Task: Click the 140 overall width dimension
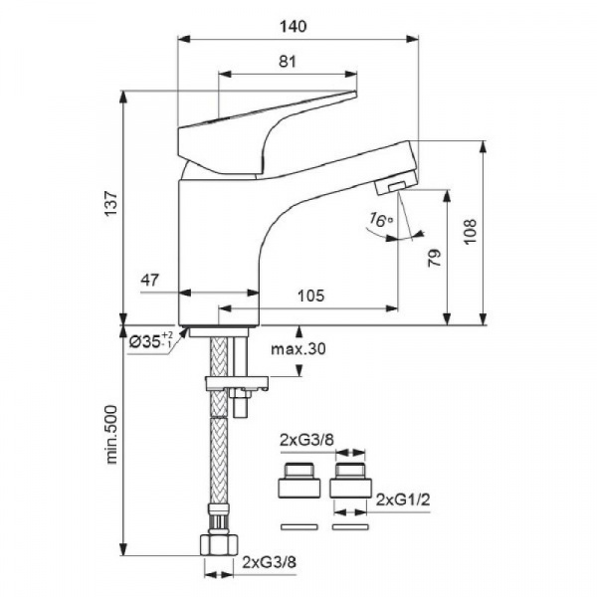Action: tap(294, 27)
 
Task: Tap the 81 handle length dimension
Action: tap(288, 62)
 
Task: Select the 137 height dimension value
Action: tap(111, 204)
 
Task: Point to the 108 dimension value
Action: tap(471, 232)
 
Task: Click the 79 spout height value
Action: tap(435, 258)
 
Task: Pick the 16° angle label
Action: tap(380, 220)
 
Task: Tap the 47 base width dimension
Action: tap(149, 281)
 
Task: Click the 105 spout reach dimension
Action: tap(310, 296)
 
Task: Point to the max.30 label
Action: tap(298, 348)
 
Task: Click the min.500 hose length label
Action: tap(111, 435)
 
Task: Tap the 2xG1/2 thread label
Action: tap(403, 499)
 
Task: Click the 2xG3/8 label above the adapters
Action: tap(306, 440)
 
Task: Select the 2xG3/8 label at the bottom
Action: tap(270, 561)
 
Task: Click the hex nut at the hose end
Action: tap(219, 544)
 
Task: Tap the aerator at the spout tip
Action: tap(394, 183)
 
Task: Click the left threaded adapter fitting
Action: tap(298, 481)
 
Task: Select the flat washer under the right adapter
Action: tap(350, 527)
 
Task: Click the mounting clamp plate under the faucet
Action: tap(237, 383)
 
